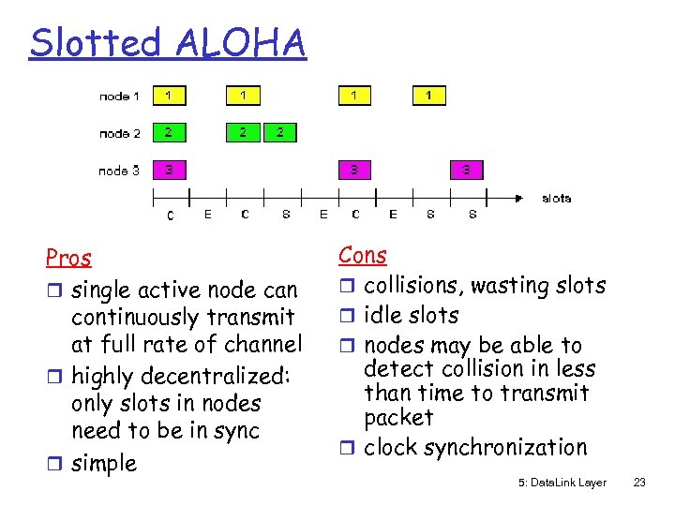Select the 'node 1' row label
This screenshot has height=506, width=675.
pyautogui.click(x=120, y=96)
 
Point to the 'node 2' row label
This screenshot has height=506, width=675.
pyautogui.click(x=120, y=133)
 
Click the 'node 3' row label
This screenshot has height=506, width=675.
pyautogui.click(x=120, y=171)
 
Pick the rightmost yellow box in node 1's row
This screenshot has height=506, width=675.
pyautogui.click(x=429, y=96)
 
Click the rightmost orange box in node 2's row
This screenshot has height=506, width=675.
pyautogui.click(x=279, y=133)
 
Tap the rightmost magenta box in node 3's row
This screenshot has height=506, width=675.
pyautogui.click(x=466, y=171)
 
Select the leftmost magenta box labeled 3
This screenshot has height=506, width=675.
pyautogui.click(x=169, y=171)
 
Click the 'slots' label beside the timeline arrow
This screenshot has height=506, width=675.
pyautogui.click(x=556, y=198)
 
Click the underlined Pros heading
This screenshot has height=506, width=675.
pyautogui.click(x=68, y=258)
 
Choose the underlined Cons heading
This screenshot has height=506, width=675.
pyautogui.click(x=362, y=255)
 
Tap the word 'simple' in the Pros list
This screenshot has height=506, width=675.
pyautogui.click(x=104, y=463)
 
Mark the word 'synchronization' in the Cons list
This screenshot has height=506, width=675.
pyautogui.click(x=505, y=448)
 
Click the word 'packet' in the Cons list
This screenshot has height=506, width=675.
pyautogui.click(x=398, y=417)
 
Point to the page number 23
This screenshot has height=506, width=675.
pyautogui.click(x=640, y=483)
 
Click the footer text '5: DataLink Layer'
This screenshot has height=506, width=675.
pyautogui.click(x=562, y=483)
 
